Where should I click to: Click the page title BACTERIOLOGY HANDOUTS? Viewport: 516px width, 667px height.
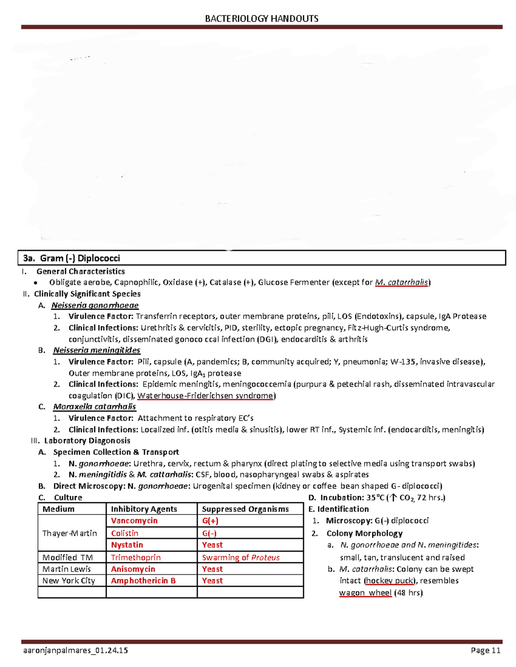tap(261, 18)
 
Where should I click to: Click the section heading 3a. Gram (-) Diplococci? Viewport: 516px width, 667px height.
tap(71, 258)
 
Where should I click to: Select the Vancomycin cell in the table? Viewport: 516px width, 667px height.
tap(134, 521)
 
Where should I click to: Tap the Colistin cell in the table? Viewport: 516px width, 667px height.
tap(125, 533)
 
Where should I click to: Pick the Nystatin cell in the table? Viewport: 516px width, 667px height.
tap(127, 545)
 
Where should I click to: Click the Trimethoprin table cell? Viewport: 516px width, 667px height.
tap(136, 557)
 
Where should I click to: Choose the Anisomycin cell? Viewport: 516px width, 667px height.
tap(133, 569)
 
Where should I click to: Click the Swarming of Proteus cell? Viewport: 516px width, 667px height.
tap(241, 557)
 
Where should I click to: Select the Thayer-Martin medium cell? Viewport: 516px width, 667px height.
tap(70, 533)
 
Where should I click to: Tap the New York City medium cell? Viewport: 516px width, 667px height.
tap(69, 581)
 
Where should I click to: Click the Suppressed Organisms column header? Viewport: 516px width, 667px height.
tap(245, 509)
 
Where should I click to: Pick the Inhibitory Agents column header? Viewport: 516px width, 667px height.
tap(144, 509)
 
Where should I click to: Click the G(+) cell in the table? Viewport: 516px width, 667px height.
tap(210, 521)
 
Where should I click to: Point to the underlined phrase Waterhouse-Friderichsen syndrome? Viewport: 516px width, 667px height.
tap(206, 396)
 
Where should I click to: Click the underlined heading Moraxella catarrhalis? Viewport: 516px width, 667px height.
tap(95, 407)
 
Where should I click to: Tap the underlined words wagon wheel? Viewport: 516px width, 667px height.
tap(365, 593)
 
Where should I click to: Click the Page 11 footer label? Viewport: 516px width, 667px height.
tap(485, 650)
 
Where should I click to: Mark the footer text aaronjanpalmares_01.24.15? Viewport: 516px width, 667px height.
tap(75, 650)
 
